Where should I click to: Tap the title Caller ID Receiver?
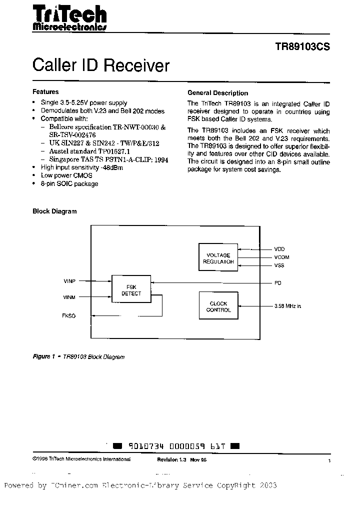coord(101,65)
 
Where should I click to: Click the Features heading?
coord(45,92)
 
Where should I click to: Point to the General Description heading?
coord(217,93)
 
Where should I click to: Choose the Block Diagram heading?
coord(54,211)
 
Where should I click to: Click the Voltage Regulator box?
coord(218,257)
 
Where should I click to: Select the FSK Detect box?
coord(131,290)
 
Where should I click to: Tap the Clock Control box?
coord(218,306)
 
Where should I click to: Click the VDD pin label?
coord(279,249)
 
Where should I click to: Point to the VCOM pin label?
coord(281,257)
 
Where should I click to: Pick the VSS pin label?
coord(279,265)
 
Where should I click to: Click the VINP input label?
coord(69,281)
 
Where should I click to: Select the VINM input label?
coord(69,297)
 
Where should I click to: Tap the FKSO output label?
coord(69,316)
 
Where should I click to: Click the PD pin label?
coord(277,283)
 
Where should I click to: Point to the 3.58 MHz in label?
coord(287,306)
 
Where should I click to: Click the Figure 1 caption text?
coord(78,357)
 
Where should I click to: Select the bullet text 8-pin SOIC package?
coord(69,183)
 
